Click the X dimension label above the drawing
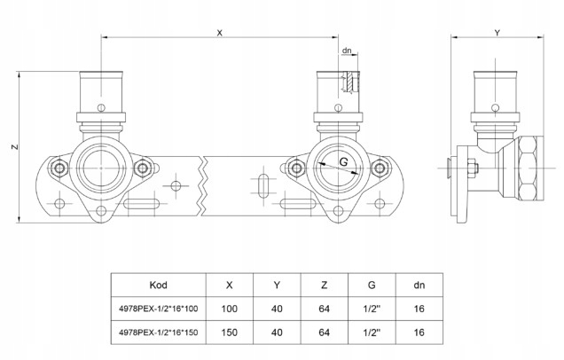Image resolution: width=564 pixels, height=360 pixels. coord(219,32)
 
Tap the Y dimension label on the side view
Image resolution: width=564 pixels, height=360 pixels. coord(497,32)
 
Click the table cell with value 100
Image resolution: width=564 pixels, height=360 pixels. coord(231,309)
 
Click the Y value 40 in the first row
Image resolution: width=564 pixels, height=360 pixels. coord(278,309)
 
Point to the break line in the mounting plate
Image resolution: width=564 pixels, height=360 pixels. coord(203,182)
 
